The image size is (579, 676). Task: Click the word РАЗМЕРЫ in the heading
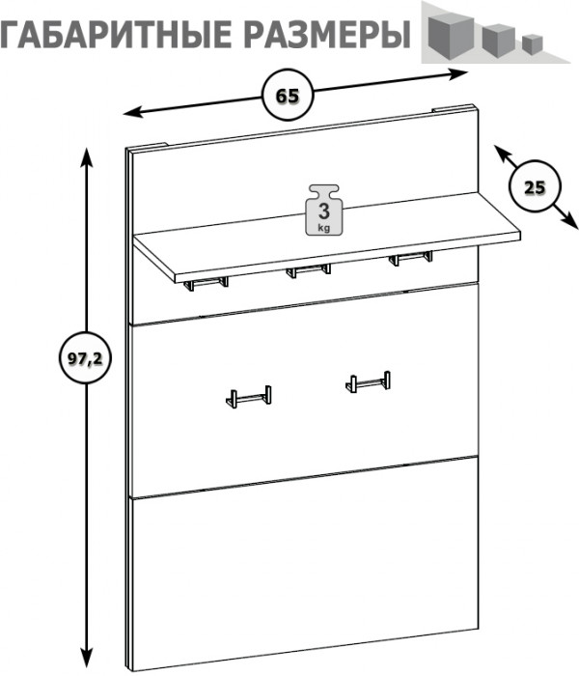pyautogui.click(x=327, y=33)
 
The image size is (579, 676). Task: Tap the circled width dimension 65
pyautogui.click(x=288, y=96)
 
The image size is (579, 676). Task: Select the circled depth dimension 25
pyautogui.click(x=535, y=186)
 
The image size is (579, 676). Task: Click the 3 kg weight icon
pyautogui.click(x=324, y=210)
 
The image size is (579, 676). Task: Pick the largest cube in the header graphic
pyautogui.click(x=450, y=37)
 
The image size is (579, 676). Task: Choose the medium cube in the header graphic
pyautogui.click(x=499, y=40)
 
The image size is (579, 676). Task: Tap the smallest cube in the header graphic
pyautogui.click(x=532, y=43)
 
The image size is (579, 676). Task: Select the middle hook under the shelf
pyautogui.click(x=309, y=270)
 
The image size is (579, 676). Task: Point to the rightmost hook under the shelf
pyautogui.click(x=410, y=258)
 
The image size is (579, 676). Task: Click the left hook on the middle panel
pyautogui.click(x=249, y=397)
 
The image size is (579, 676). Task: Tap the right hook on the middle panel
pyautogui.click(x=368, y=382)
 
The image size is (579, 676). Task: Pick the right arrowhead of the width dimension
pyautogui.click(x=458, y=74)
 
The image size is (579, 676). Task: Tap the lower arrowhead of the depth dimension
pyautogui.click(x=568, y=221)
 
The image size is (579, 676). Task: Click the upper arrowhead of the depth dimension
pyautogui.click(x=502, y=154)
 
